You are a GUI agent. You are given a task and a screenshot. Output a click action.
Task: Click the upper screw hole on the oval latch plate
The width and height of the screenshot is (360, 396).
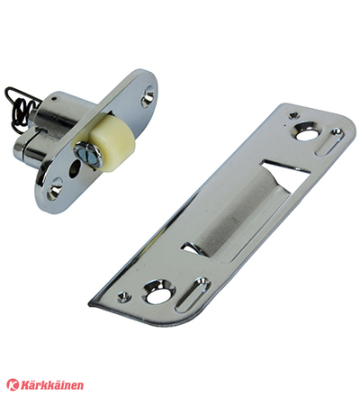pyautogui.click(x=148, y=97)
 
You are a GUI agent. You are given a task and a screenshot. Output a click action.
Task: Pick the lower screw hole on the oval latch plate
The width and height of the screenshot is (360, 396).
pyautogui.click(x=54, y=188)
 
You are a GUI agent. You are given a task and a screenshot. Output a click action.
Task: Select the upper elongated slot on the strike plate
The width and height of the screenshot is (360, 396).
pyautogui.click(x=329, y=142)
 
